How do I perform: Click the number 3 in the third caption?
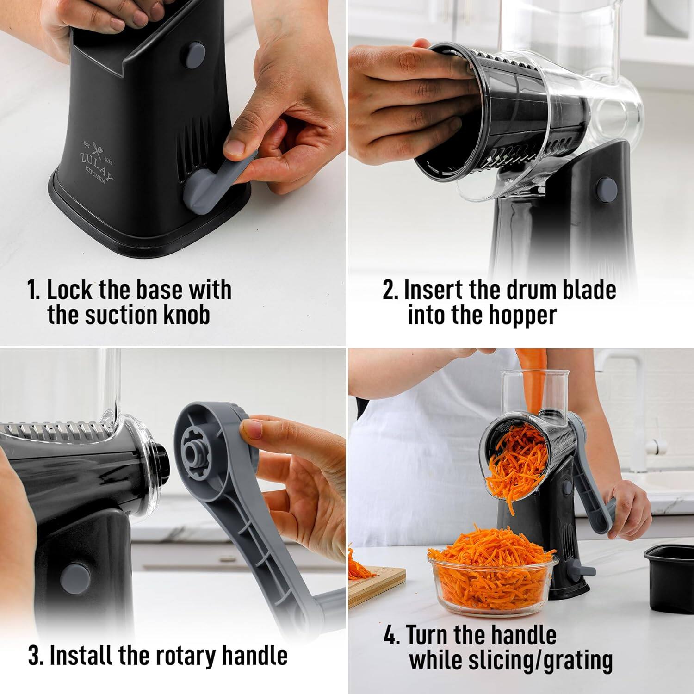tap(33, 655)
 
